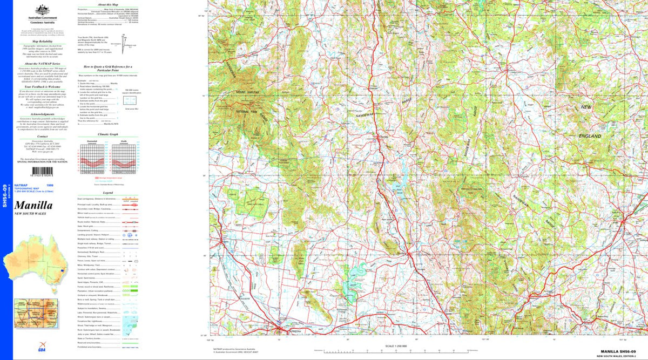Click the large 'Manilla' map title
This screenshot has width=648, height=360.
(x=33, y=206)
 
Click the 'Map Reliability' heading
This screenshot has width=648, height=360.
(x=43, y=41)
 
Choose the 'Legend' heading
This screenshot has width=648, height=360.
(x=108, y=193)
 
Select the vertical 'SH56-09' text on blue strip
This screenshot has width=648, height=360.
(x=5, y=195)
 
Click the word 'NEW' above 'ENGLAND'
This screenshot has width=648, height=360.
(x=586, y=107)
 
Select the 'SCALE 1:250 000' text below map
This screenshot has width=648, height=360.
(x=400, y=345)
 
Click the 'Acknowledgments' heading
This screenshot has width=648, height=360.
(x=43, y=114)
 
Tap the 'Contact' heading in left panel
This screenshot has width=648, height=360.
(x=43, y=137)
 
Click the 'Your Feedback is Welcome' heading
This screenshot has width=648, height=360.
(x=43, y=86)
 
